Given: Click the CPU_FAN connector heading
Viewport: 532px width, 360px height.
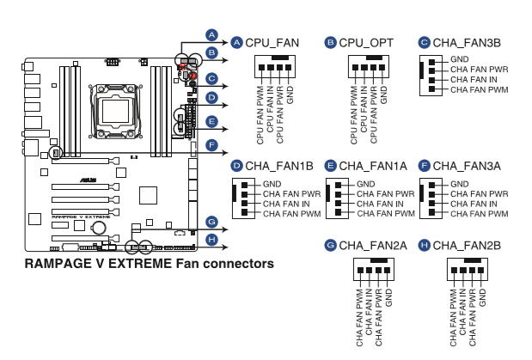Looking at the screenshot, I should tap(273, 42).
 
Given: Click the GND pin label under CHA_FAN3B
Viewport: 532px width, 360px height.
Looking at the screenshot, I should tap(460, 59).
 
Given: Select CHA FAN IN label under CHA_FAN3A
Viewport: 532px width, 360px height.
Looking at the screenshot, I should tap(473, 204).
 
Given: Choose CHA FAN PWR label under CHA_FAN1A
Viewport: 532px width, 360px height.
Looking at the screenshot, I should tap(382, 194).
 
